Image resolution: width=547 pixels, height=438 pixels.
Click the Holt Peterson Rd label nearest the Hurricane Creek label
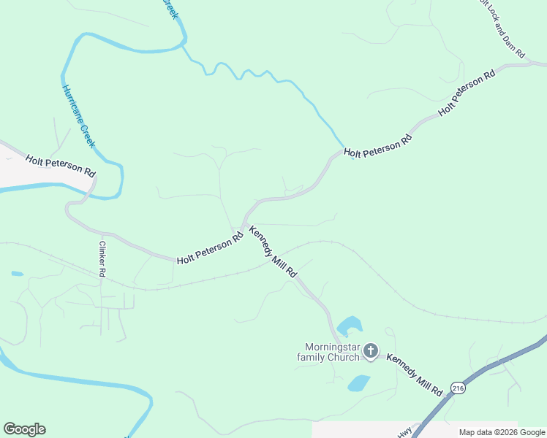coord(61,166)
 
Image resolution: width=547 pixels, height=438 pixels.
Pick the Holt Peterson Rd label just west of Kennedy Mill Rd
coord(210,249)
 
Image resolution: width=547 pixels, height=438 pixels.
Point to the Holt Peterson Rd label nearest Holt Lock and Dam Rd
coord(467,93)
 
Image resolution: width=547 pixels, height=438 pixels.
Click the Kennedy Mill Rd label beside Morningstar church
coord(415,374)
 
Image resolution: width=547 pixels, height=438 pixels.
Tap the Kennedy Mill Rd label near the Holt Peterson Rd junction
coord(273,252)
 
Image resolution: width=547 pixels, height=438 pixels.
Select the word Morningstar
coord(333,347)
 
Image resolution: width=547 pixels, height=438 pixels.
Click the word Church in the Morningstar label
coord(344,357)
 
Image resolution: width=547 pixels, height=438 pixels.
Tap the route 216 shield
coord(457,387)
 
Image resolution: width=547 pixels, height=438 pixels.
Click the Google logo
coord(24,429)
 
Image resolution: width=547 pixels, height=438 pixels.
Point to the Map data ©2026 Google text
coord(502,432)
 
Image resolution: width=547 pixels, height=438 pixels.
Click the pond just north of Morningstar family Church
coord(350,324)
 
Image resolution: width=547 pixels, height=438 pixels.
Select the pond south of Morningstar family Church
coord(358,383)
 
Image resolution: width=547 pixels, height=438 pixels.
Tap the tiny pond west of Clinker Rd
coord(17,274)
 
